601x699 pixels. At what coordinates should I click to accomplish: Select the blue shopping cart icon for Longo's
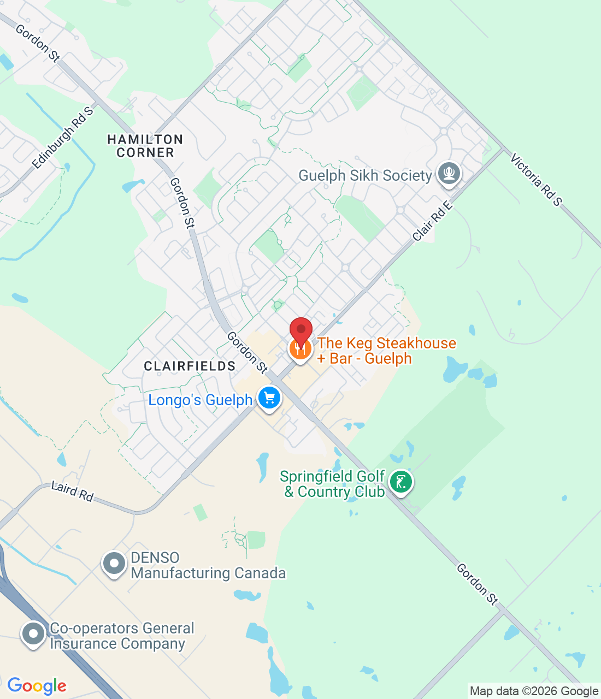(x=269, y=399)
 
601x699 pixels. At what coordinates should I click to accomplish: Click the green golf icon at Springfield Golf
(x=401, y=482)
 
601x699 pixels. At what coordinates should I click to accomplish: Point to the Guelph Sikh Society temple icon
(x=449, y=174)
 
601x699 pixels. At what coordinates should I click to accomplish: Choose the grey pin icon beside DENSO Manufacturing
(x=114, y=564)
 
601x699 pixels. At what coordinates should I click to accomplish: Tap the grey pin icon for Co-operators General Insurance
(x=33, y=635)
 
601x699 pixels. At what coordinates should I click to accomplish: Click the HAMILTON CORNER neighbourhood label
(x=145, y=146)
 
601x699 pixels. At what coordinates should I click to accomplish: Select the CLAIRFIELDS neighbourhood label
(x=190, y=366)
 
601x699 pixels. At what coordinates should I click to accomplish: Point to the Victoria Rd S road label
(x=536, y=180)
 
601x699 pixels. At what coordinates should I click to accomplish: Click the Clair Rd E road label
(x=433, y=221)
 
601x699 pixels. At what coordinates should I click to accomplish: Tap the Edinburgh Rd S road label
(x=63, y=138)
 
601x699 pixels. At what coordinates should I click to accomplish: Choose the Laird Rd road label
(x=72, y=490)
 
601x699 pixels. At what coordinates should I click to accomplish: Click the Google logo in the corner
(x=37, y=686)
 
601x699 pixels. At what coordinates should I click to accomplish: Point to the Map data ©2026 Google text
(x=534, y=691)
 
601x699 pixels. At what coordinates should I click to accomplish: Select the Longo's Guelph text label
(x=200, y=400)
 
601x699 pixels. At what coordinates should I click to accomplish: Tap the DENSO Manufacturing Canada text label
(x=208, y=565)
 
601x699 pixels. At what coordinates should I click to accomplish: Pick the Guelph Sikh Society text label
(x=365, y=175)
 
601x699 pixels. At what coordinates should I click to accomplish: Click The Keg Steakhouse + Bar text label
(x=386, y=351)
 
